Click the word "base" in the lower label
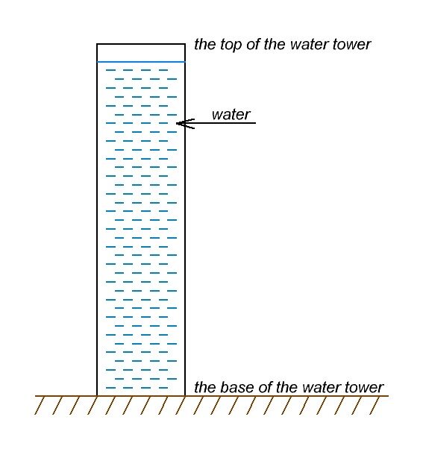pos(234,387)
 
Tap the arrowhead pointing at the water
pos(180,122)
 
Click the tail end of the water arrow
pos(255,122)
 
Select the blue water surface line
pos(141,61)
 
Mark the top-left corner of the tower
pos(97,45)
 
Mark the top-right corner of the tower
pos(185,45)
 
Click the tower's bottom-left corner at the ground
pos(97,395)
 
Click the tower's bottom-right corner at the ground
pos(185,395)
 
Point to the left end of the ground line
pos(36,395)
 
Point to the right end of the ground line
pos(389,395)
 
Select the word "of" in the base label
pos(265,387)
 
